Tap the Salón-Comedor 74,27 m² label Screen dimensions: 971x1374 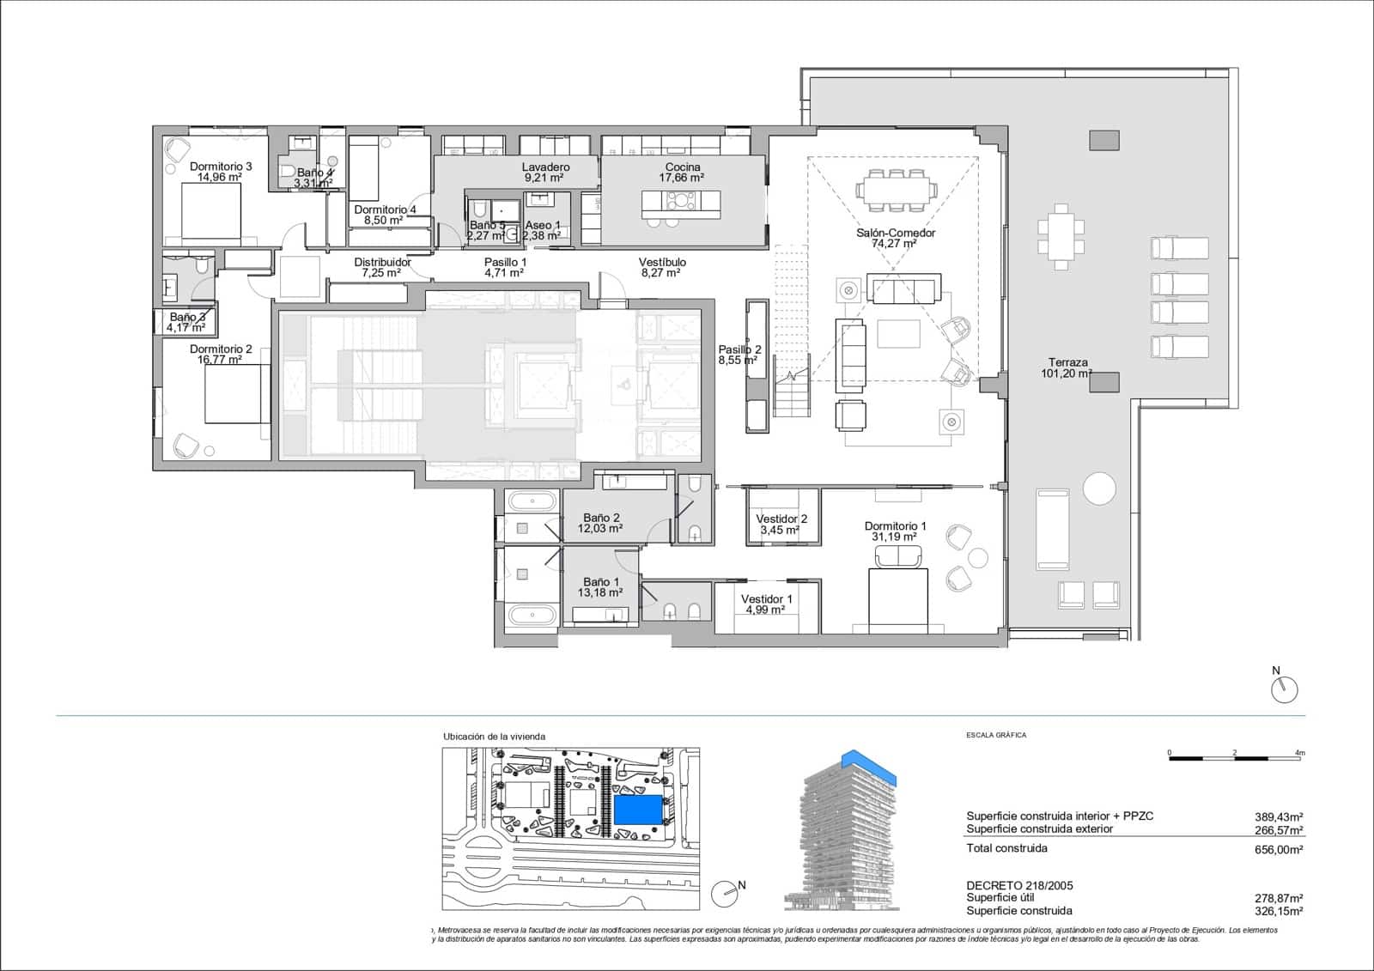[x=895, y=238]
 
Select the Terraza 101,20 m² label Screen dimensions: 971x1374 [x=1067, y=368]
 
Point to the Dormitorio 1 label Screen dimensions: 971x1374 [x=895, y=531]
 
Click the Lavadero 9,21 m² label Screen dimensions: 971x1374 [x=545, y=173]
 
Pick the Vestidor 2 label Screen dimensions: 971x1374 [x=781, y=525]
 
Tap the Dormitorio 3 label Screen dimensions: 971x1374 [x=221, y=172]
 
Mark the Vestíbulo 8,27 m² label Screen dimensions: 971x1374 [x=661, y=268]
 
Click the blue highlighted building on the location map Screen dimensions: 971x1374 [x=640, y=810]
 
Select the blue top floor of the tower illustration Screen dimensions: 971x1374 [x=869, y=766]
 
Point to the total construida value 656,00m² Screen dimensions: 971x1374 [x=1278, y=849]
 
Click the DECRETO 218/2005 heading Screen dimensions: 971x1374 [x=1019, y=885]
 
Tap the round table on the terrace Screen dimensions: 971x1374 [x=1099, y=489]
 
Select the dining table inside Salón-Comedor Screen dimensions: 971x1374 [x=895, y=189]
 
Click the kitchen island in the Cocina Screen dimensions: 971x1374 [x=681, y=203]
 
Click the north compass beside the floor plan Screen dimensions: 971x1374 [x=1284, y=689]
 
